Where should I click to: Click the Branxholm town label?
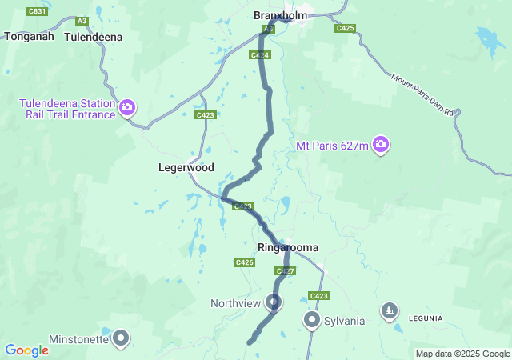click(281, 15)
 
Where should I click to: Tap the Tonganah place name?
click(29, 36)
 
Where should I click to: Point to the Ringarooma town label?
click(288, 248)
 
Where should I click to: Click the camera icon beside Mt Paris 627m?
click(382, 145)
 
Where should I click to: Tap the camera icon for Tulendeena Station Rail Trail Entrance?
click(127, 107)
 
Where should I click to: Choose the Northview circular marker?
click(274, 302)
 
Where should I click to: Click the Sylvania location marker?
click(311, 320)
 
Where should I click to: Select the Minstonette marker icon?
click(121, 338)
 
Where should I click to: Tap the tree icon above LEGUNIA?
click(390, 309)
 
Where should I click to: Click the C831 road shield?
click(36, 11)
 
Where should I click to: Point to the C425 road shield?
click(345, 28)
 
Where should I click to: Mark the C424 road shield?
click(258, 55)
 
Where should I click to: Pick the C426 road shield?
click(245, 262)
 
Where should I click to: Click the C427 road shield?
click(286, 271)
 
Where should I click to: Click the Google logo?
click(26, 350)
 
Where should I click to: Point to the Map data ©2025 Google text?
click(462, 354)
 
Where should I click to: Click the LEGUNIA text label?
click(424, 318)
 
